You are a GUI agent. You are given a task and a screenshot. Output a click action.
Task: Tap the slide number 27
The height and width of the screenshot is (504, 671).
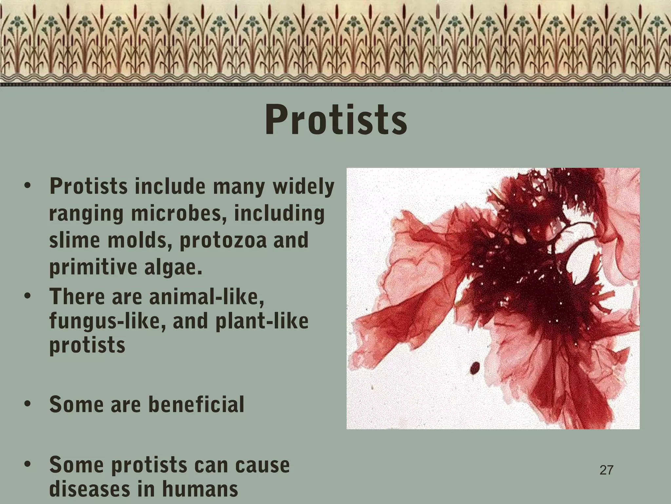click(x=606, y=470)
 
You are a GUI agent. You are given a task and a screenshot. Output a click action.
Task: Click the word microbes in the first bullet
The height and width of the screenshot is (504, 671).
click(x=179, y=213)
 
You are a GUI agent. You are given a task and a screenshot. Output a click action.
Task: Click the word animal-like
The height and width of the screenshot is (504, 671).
click(x=206, y=297)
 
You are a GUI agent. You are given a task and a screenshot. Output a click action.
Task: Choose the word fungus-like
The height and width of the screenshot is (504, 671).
click(x=108, y=321)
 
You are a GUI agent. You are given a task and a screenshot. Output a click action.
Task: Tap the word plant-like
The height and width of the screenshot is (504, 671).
click(x=262, y=321)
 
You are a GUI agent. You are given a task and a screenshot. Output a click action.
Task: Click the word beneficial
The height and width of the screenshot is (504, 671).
click(x=196, y=404)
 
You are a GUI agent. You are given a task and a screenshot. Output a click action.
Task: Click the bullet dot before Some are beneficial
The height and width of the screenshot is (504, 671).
click(x=28, y=403)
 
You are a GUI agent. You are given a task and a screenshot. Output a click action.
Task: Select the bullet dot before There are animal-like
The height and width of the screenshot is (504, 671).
click(x=28, y=296)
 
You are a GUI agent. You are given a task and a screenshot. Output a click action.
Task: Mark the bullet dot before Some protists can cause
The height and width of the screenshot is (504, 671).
click(x=28, y=464)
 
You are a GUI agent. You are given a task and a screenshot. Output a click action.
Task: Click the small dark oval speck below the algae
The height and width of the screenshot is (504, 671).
click(x=475, y=368)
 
